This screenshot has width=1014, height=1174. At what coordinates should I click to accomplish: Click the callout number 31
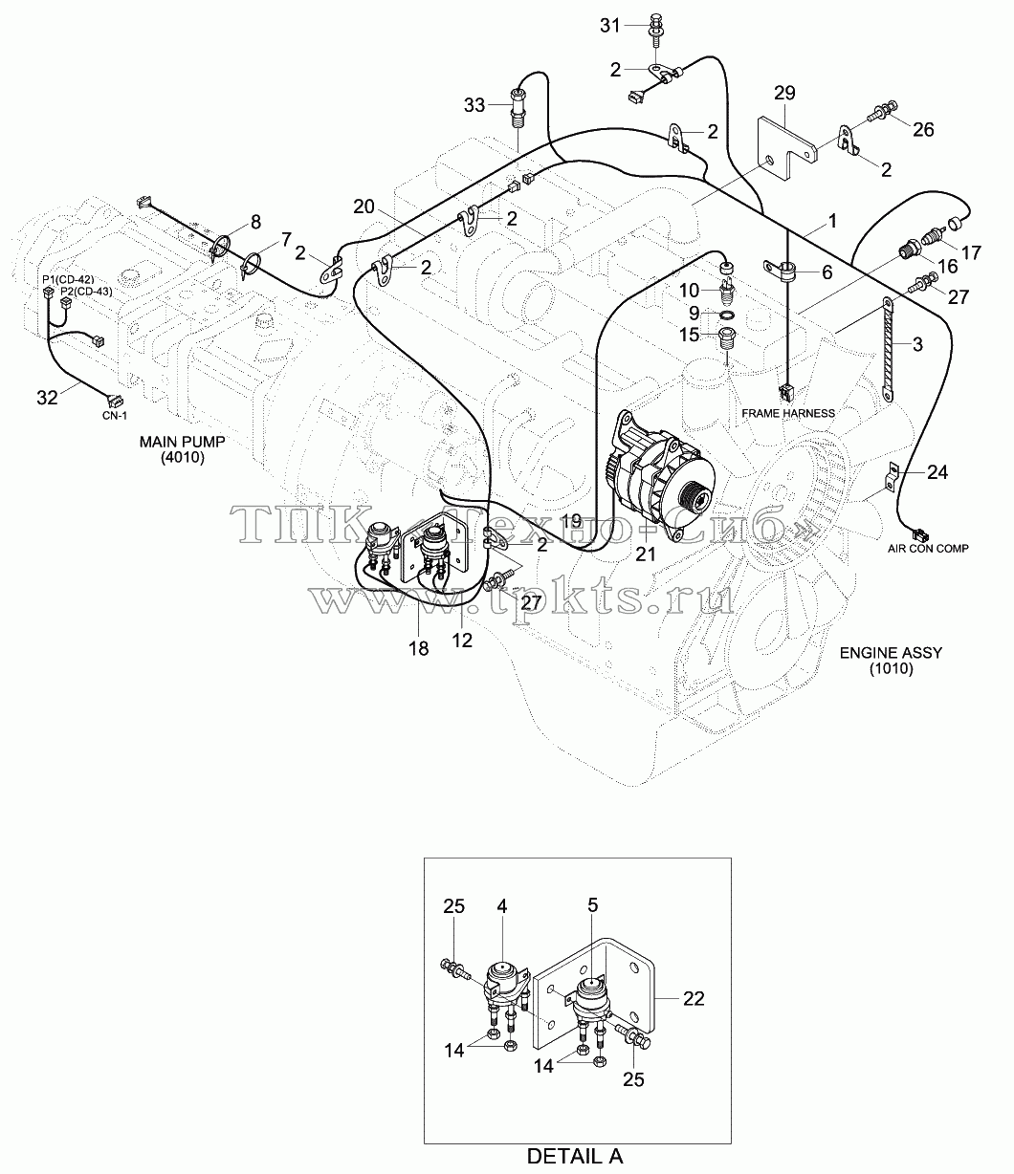[610, 25]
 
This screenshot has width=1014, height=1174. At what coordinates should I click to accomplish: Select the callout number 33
[474, 105]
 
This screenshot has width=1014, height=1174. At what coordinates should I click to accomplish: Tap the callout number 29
[784, 93]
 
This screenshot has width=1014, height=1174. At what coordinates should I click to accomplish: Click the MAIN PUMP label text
[183, 441]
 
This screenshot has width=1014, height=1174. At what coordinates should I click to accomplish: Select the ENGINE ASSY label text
[891, 653]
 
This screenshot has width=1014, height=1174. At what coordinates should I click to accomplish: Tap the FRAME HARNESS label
[788, 413]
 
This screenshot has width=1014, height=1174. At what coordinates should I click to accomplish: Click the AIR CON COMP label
[928, 548]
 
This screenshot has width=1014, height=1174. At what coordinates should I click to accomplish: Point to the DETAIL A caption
[575, 1156]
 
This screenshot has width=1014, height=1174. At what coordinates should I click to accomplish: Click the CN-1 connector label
[115, 415]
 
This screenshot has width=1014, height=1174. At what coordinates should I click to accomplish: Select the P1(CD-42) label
[68, 279]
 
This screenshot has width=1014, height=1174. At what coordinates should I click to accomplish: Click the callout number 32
[47, 398]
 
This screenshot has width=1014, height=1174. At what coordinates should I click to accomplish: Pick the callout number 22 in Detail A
[694, 998]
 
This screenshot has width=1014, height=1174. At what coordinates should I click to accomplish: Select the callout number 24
[937, 472]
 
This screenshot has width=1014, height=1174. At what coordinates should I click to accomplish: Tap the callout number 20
[364, 207]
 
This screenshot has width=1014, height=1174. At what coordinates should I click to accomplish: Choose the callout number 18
[419, 648]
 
